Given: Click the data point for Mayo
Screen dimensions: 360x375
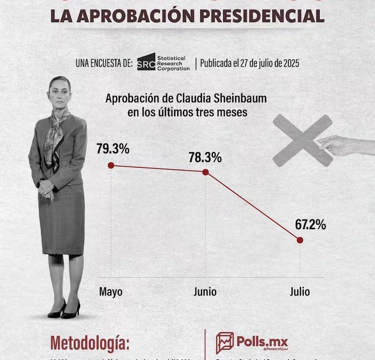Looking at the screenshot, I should coord(111,165).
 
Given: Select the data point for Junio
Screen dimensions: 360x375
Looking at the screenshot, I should coord(205,172).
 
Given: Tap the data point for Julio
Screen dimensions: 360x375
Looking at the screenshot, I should coord(300,240).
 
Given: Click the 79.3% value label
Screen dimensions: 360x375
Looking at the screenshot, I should coord(113,149).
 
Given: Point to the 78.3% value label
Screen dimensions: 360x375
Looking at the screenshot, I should coord(205,157).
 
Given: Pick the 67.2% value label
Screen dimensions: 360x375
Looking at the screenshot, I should coord(310,225).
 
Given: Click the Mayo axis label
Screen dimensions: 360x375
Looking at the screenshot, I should coord(111,292).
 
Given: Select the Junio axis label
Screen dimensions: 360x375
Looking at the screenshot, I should coord(205,292).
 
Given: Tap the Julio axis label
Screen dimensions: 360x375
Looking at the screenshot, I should coord(300,292).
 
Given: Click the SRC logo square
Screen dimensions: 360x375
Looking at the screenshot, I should coord(146,61).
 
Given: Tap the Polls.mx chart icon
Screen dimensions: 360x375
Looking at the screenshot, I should coord(225,343).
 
